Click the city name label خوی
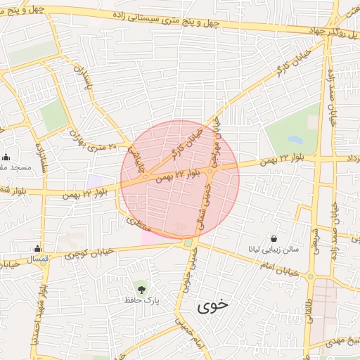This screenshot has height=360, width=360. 214,306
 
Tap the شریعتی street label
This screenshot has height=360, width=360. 315,238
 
